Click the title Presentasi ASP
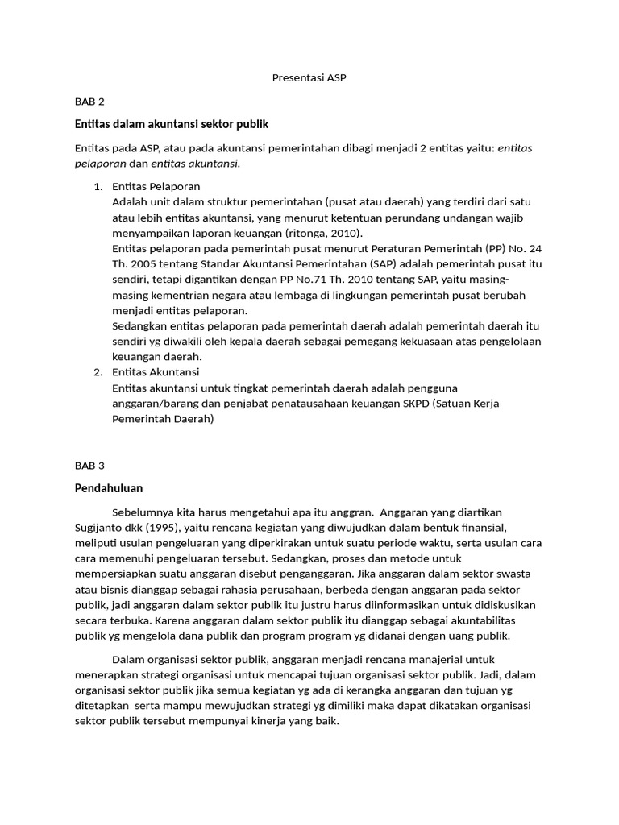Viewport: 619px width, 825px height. coord(309,77)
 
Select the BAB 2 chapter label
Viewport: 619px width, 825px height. coord(89,102)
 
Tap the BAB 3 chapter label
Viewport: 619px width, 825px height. coord(89,466)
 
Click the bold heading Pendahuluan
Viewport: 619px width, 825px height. coord(109,488)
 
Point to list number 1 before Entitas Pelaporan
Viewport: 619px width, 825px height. coord(98,187)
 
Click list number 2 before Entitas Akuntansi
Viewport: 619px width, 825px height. coord(98,372)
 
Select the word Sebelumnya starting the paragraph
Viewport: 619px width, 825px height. coord(142,512)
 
